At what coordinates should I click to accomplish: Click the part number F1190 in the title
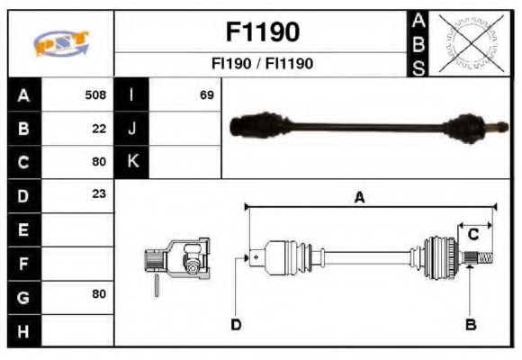coord(263,32)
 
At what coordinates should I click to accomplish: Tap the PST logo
coord(61,43)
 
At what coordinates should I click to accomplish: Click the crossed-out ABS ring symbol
coord(471,43)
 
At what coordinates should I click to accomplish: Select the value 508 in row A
coord(95,94)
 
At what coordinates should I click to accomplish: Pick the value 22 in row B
coord(99,129)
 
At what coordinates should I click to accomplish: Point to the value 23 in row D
coord(99,193)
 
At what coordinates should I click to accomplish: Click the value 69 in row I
coord(207,94)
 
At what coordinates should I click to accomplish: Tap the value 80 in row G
coord(99,293)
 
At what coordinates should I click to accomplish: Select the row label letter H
coord(23,332)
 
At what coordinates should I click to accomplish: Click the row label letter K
coord(133,161)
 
